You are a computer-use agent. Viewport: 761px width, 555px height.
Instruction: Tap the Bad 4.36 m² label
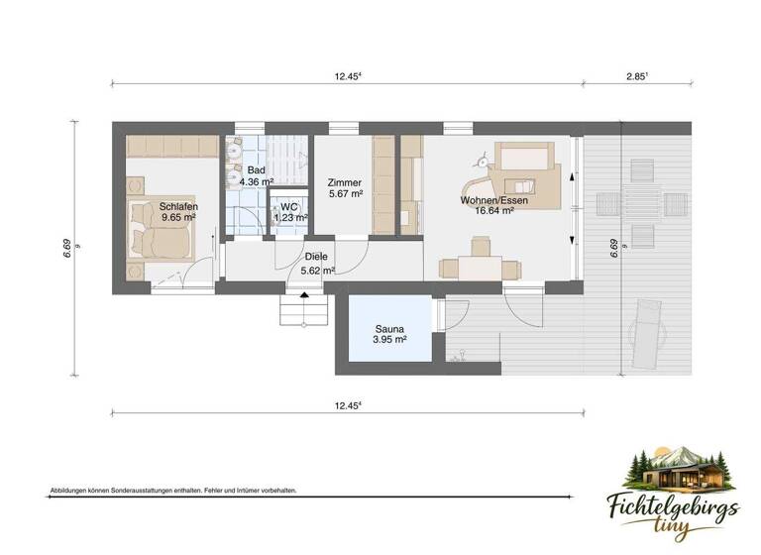pos(256,176)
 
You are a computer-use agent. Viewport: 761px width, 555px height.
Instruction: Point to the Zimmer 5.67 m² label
pos(344,188)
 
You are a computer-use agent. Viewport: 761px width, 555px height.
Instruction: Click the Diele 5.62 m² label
pos(317,262)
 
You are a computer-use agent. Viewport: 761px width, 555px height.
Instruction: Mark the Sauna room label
pos(387,334)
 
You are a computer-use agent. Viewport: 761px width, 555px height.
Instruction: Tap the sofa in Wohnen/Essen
pos(525,158)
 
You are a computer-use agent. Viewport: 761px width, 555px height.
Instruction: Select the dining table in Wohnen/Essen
pos(480,266)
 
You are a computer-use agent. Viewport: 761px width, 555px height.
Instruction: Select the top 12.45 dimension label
pos(347,75)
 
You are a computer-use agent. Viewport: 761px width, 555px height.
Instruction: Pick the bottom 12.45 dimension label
pos(347,405)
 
